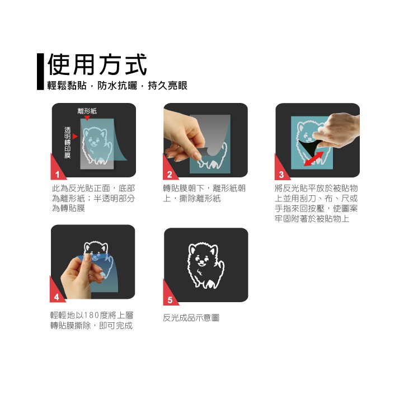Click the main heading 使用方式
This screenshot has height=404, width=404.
97,64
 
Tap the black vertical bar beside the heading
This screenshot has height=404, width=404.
40,72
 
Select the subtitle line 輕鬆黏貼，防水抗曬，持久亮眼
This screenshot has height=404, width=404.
118,86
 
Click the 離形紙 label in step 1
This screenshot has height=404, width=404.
87,111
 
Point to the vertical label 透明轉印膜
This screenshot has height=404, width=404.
67,142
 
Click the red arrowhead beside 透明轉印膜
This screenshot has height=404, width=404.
75,137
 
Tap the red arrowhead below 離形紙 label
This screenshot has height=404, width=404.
87,118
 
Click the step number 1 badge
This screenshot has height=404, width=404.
57,172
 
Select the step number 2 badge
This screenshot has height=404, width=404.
169,172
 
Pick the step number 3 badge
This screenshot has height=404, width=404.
281,172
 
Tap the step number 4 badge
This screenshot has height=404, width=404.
57,294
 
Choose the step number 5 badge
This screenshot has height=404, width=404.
170,298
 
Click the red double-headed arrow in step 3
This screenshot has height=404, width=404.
313,159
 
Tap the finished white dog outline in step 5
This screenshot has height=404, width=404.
205,265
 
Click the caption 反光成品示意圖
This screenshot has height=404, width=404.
191,317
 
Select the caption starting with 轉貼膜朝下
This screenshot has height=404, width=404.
204,193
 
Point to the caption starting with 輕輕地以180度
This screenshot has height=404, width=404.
92,320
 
